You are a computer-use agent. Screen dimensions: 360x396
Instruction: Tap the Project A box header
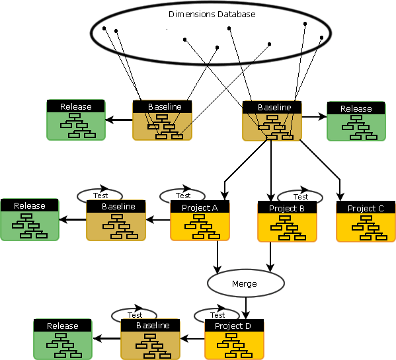200,207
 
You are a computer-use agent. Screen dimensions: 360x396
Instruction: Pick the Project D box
234,340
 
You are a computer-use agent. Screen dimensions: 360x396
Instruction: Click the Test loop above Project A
183,196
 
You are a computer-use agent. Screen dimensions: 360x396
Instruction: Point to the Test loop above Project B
300,196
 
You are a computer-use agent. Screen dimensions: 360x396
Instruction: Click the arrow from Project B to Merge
270,254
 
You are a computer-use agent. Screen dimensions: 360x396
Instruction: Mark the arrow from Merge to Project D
246,308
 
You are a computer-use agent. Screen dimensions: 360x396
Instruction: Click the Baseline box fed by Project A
115,221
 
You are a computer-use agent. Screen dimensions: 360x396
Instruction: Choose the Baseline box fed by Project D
149,340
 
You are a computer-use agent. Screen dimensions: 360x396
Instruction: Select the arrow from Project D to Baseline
192,339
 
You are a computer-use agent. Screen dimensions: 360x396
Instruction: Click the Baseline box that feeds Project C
272,121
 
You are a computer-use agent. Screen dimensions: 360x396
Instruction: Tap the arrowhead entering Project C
340,196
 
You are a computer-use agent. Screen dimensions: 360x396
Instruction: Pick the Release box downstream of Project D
62,340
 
